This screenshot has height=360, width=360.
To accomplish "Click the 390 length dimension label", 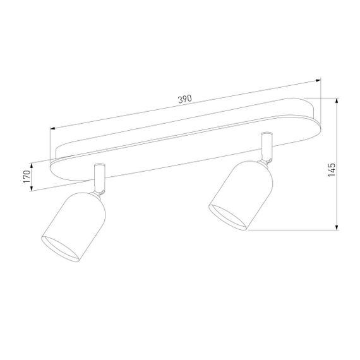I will coord(184,100).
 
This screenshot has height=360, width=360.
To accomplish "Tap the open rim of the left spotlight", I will coord(61,249).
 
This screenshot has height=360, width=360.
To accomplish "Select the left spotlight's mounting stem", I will coord(99,177).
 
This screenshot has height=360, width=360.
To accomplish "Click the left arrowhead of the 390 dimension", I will coord(53,129).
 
